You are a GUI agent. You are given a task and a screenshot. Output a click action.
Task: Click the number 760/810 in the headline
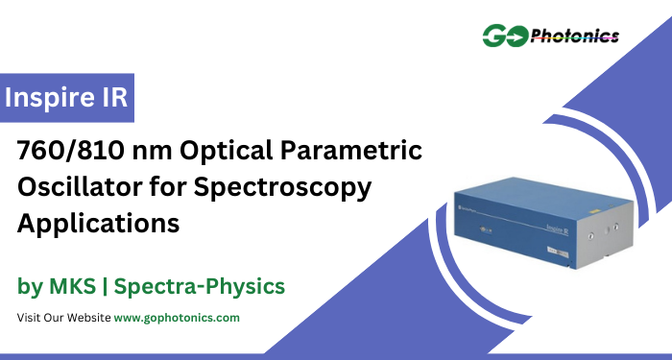tap(65, 151)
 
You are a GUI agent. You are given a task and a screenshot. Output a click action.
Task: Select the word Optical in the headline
tap(207, 151)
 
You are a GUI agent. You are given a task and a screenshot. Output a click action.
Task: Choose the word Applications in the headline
tap(99, 223)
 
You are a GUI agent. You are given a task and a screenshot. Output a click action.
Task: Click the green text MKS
tap(72, 286)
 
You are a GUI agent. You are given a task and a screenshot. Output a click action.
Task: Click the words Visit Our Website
tap(63, 317)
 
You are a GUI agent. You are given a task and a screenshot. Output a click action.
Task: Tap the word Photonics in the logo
tap(575, 36)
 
